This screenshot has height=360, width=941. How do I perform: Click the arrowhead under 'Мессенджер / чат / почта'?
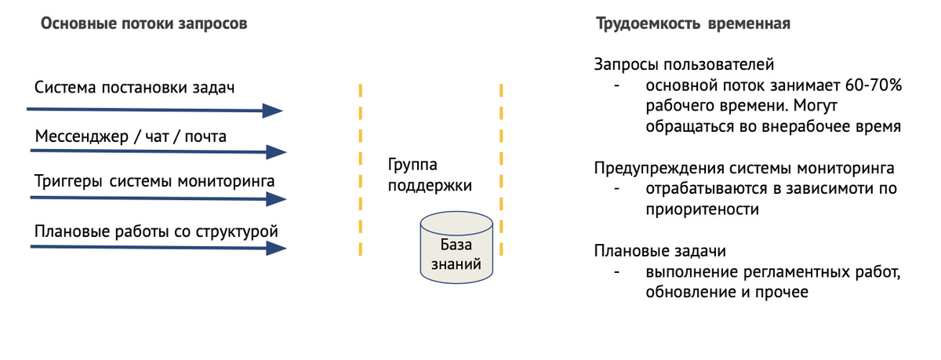pos(277,151)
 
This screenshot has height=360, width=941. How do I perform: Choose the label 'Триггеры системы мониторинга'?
pos(154,183)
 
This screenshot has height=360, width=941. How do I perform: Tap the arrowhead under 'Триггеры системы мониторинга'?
pos(277,200)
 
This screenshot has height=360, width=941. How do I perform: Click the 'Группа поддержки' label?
pos(429,176)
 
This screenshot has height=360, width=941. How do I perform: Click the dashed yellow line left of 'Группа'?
pos(361,169)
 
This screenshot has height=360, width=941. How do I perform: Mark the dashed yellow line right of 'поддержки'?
pos(500,169)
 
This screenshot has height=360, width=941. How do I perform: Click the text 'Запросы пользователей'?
pos(684,64)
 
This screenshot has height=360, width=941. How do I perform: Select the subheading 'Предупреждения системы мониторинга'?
pos(743,168)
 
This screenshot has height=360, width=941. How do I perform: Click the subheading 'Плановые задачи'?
pos(659,251)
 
